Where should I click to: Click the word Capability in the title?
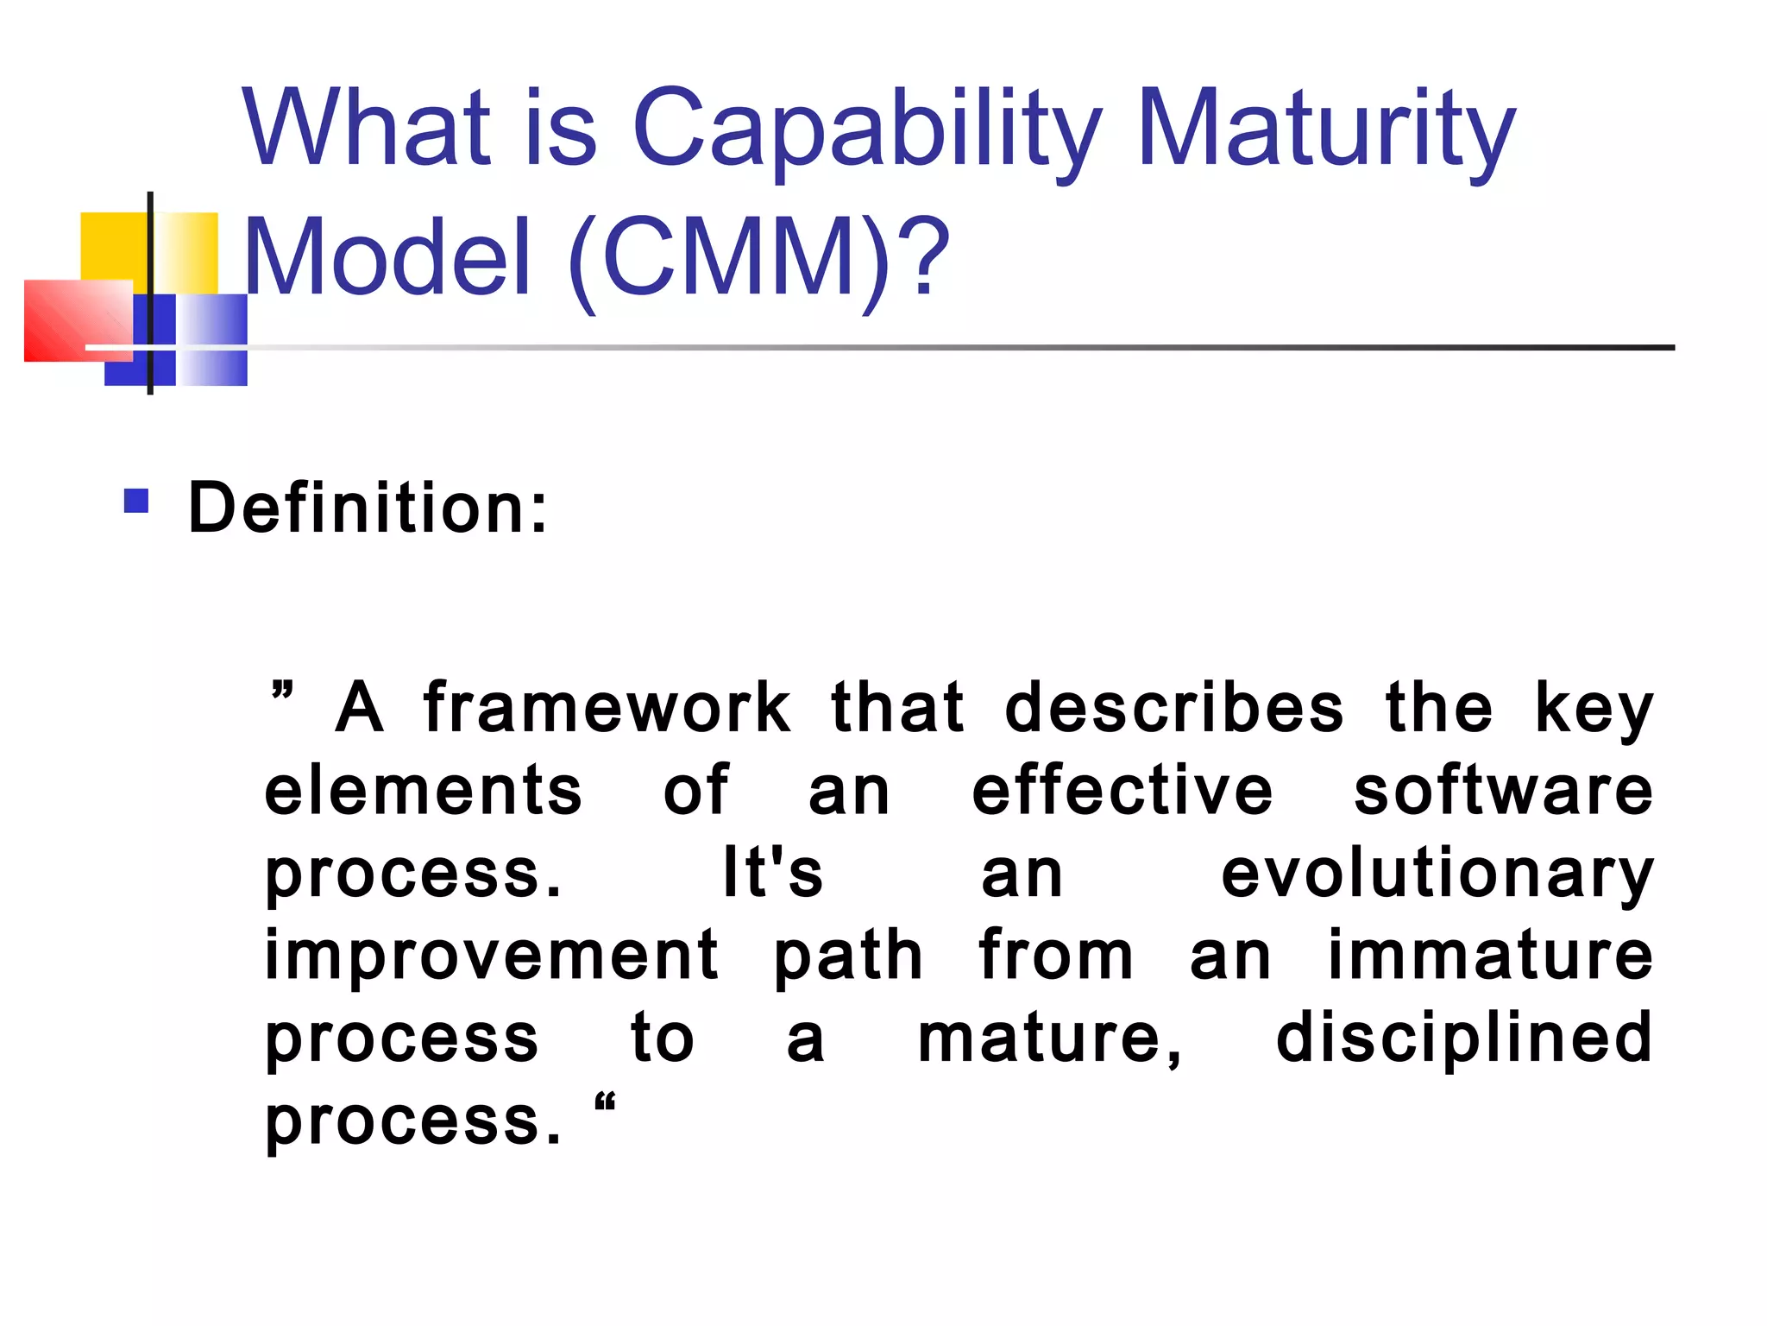coord(866,129)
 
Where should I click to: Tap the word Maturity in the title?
coord(1325,129)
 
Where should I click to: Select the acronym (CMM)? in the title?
coord(759,257)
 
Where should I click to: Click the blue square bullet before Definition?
coord(136,501)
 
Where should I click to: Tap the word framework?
coord(607,708)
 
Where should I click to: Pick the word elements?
coord(423,791)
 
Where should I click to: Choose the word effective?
coord(1122,791)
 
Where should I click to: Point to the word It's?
coord(772,873)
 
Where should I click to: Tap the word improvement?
coord(491,957)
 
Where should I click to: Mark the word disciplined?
coord(1464,1039)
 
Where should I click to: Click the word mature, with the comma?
coord(1050,1039)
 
